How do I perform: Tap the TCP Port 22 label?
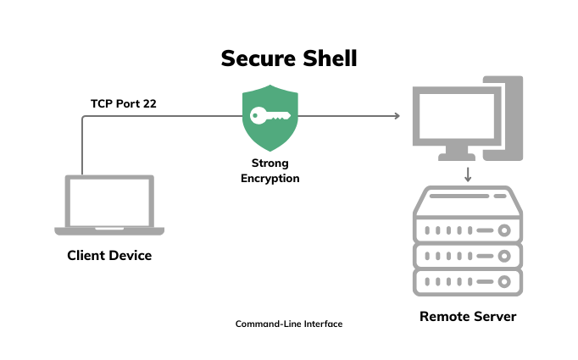coord(124,104)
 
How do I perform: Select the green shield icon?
coord(270,118)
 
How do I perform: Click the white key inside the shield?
coord(270,117)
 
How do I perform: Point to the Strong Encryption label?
coord(270,170)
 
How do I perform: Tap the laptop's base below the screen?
coord(109,230)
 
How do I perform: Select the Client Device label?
coord(109,255)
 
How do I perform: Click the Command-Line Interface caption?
coord(289,324)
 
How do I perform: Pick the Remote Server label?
coord(467,317)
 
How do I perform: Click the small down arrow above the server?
coord(467,174)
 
